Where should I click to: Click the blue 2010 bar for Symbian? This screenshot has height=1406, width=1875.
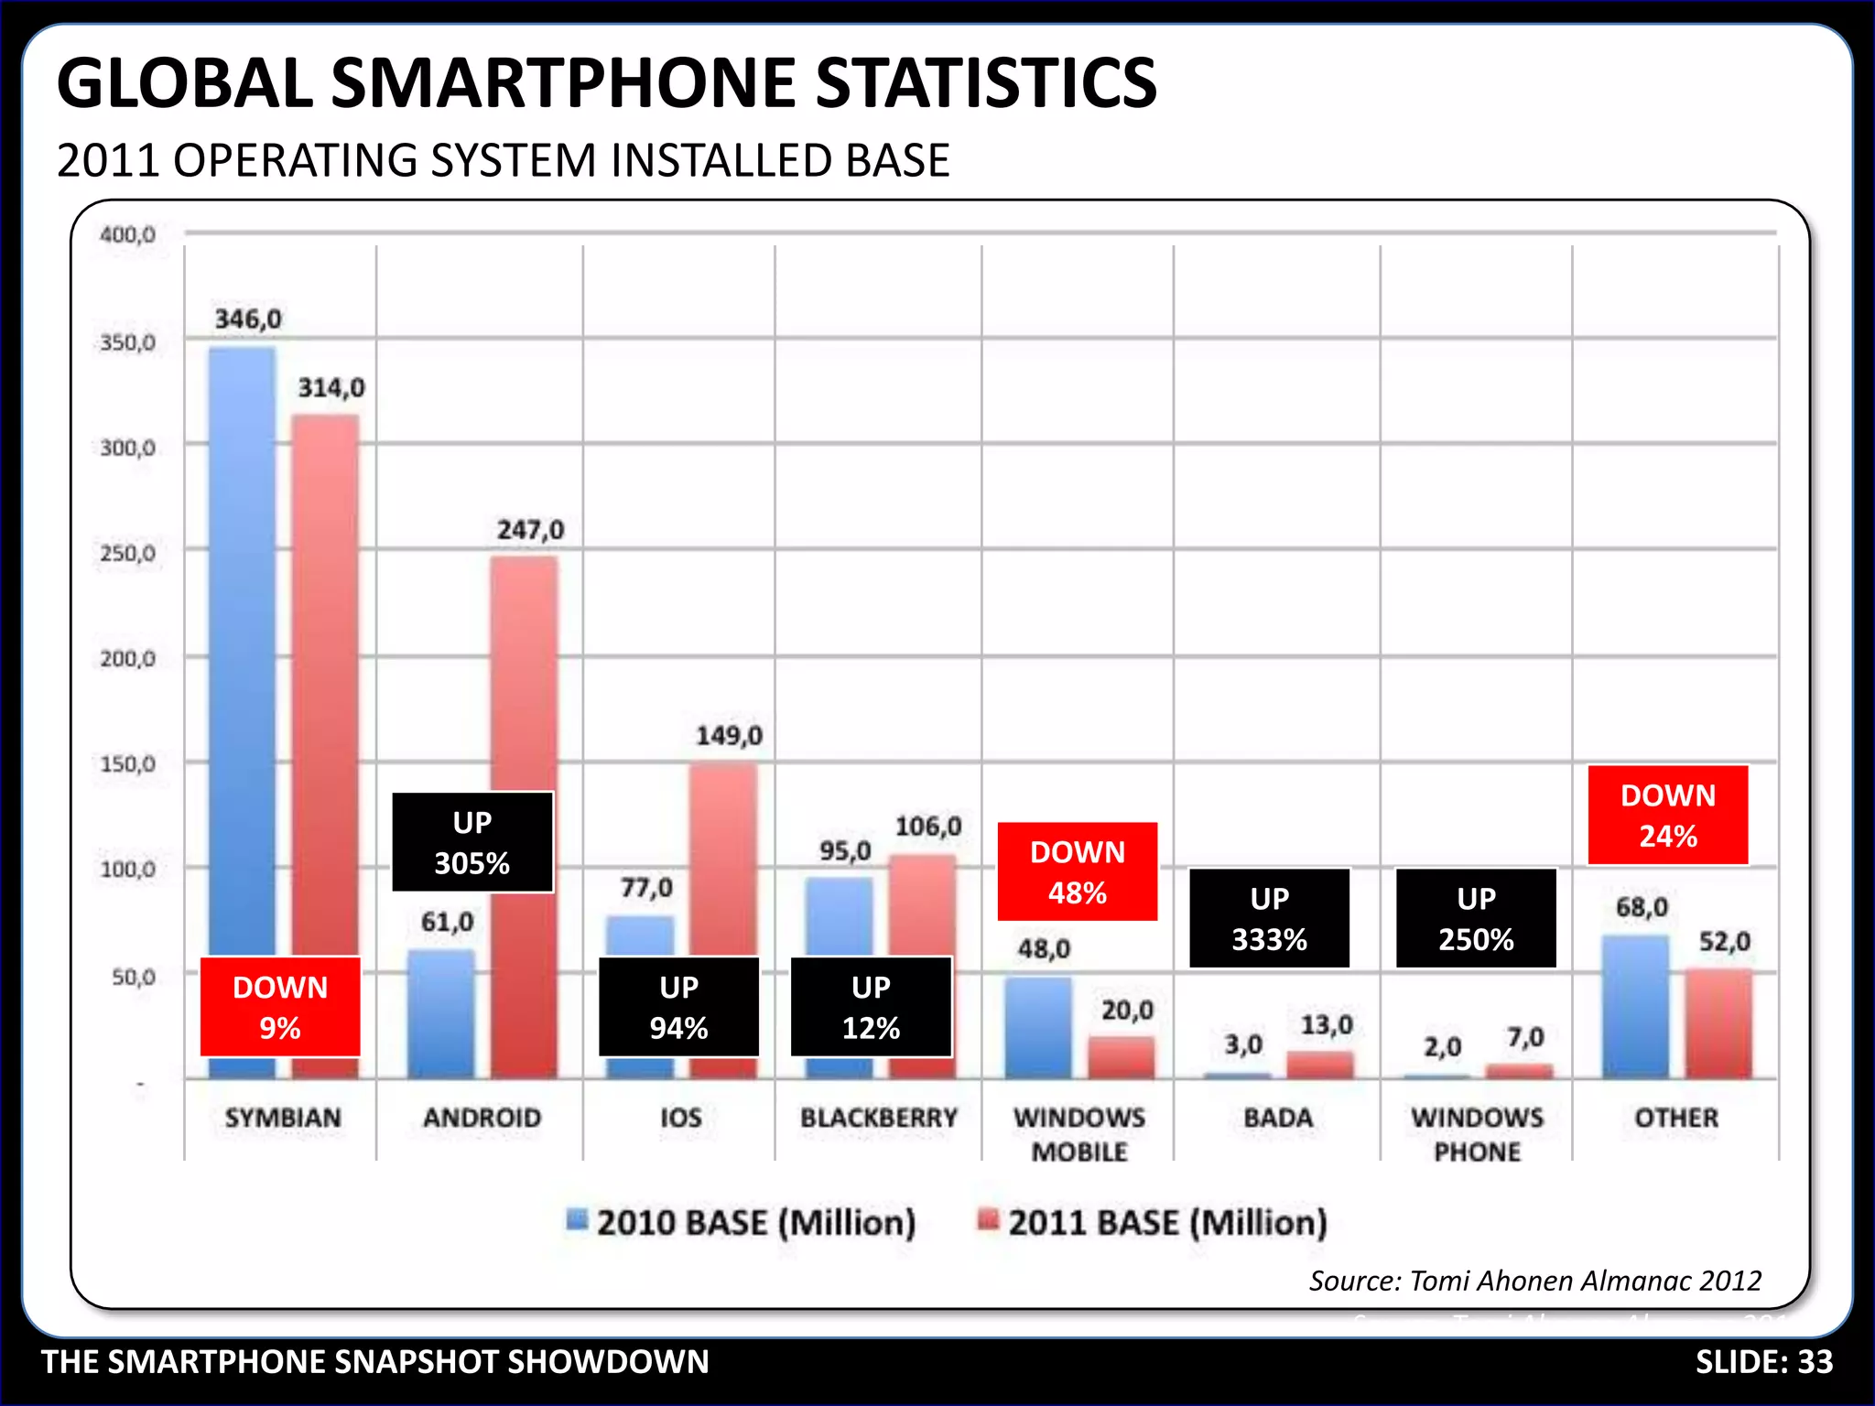[242, 641]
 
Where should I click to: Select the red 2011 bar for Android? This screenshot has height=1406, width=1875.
[524, 732]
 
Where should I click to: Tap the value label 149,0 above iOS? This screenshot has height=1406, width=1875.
[729, 736]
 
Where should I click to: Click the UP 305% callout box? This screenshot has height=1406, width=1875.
[472, 842]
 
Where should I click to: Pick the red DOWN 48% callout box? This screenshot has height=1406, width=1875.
[1078, 871]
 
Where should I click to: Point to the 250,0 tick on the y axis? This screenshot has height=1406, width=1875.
[127, 553]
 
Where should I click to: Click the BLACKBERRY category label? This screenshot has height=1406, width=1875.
[879, 1118]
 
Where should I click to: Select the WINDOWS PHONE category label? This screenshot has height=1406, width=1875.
[1477, 1134]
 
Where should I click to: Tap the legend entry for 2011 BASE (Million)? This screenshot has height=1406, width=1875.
[1154, 1223]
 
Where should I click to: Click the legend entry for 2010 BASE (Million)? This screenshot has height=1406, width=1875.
[742, 1223]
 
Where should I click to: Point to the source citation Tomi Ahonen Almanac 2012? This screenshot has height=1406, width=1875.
[1535, 1281]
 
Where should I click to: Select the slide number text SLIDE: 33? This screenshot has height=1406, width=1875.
[1764, 1362]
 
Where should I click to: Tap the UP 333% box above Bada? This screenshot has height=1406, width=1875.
[1269, 918]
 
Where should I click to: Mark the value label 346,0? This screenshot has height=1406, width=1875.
[248, 319]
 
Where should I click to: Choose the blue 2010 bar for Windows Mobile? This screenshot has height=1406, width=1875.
[1038, 1027]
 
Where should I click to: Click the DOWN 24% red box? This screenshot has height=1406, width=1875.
[1668, 815]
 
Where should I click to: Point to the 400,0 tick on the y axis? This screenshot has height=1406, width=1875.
[127, 234]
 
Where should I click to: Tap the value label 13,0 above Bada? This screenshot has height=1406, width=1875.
[1327, 1025]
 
